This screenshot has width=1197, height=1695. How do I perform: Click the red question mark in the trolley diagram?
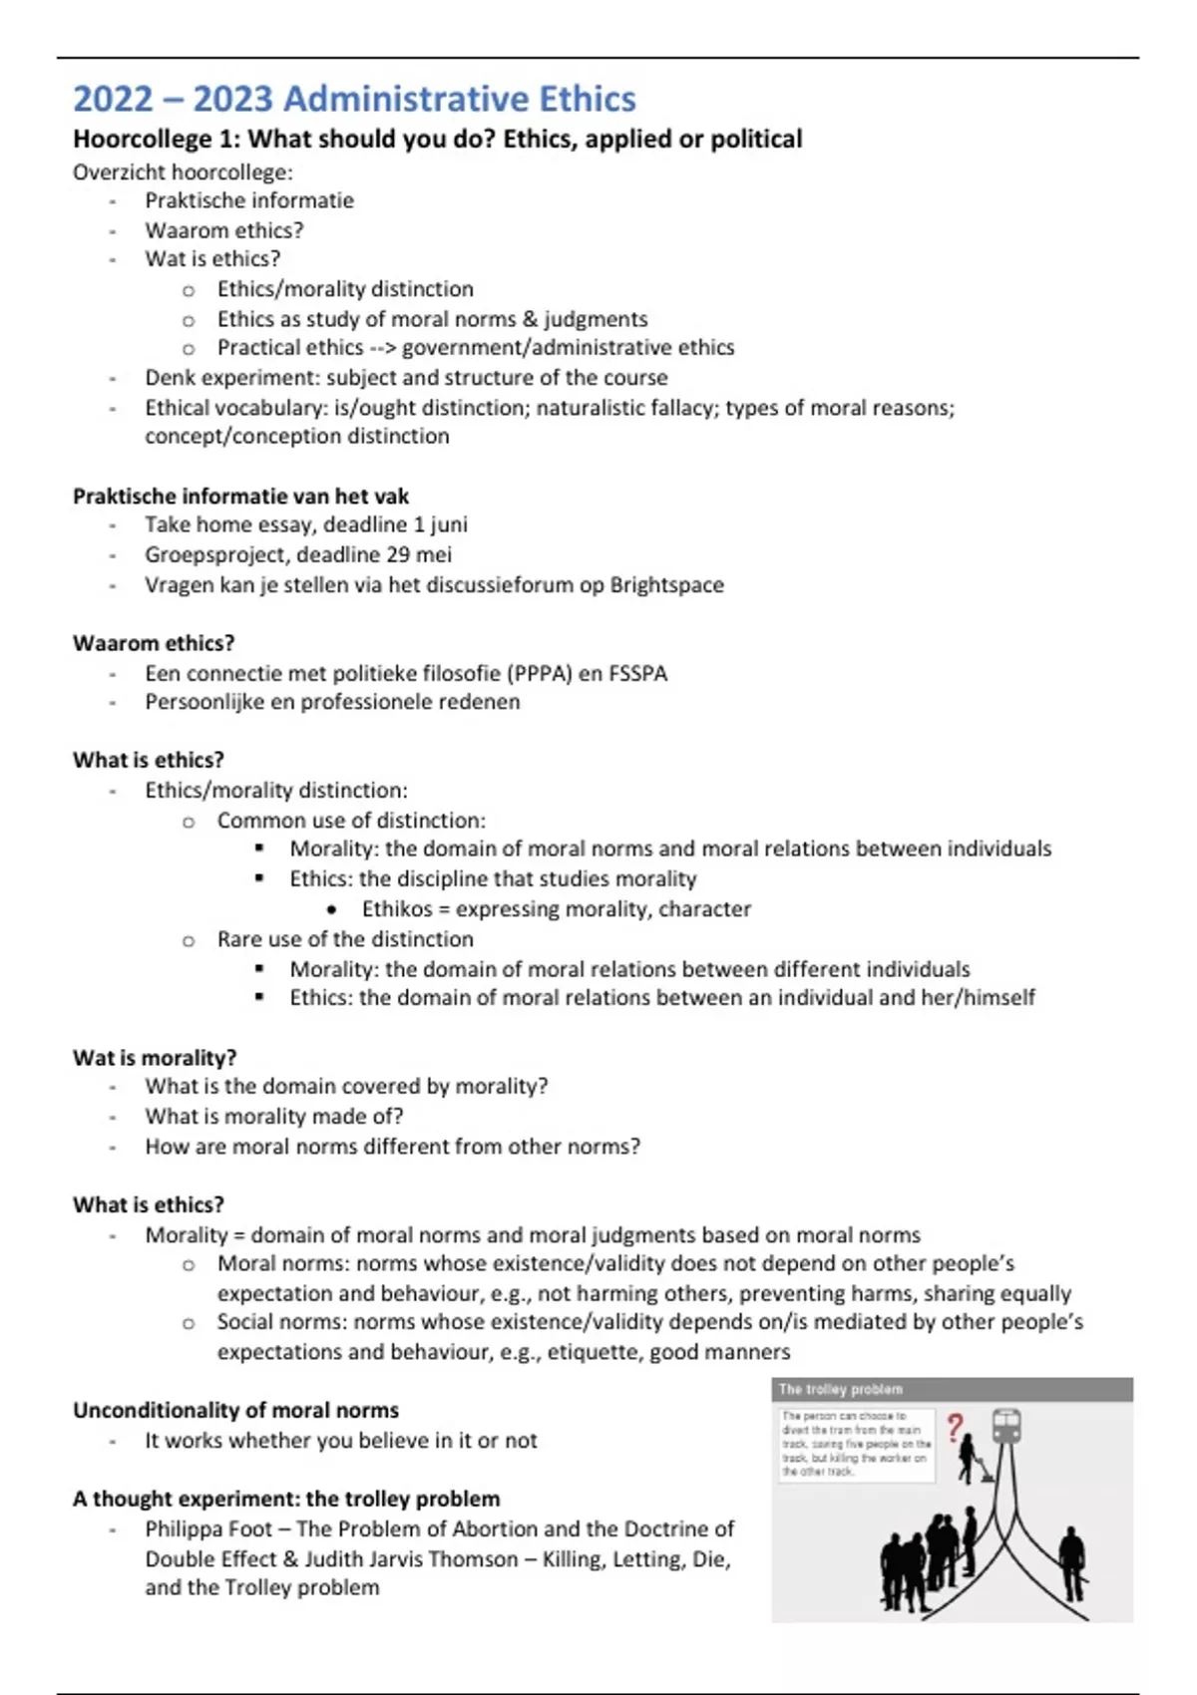pyautogui.click(x=955, y=1428)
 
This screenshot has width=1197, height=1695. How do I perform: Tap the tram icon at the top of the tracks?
pyautogui.click(x=1006, y=1426)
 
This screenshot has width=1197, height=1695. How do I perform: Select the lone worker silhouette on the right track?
pyautogui.click(x=1071, y=1561)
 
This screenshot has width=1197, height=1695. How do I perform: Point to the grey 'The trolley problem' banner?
pyautogui.click(x=952, y=1389)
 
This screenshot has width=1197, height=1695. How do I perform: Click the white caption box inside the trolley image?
pyautogui.click(x=856, y=1444)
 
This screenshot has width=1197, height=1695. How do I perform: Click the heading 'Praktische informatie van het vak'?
pyautogui.click(x=240, y=496)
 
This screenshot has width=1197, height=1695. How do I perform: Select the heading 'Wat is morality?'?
pyautogui.click(x=154, y=1057)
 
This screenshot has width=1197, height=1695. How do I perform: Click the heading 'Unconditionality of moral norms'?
pyautogui.click(x=235, y=1410)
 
